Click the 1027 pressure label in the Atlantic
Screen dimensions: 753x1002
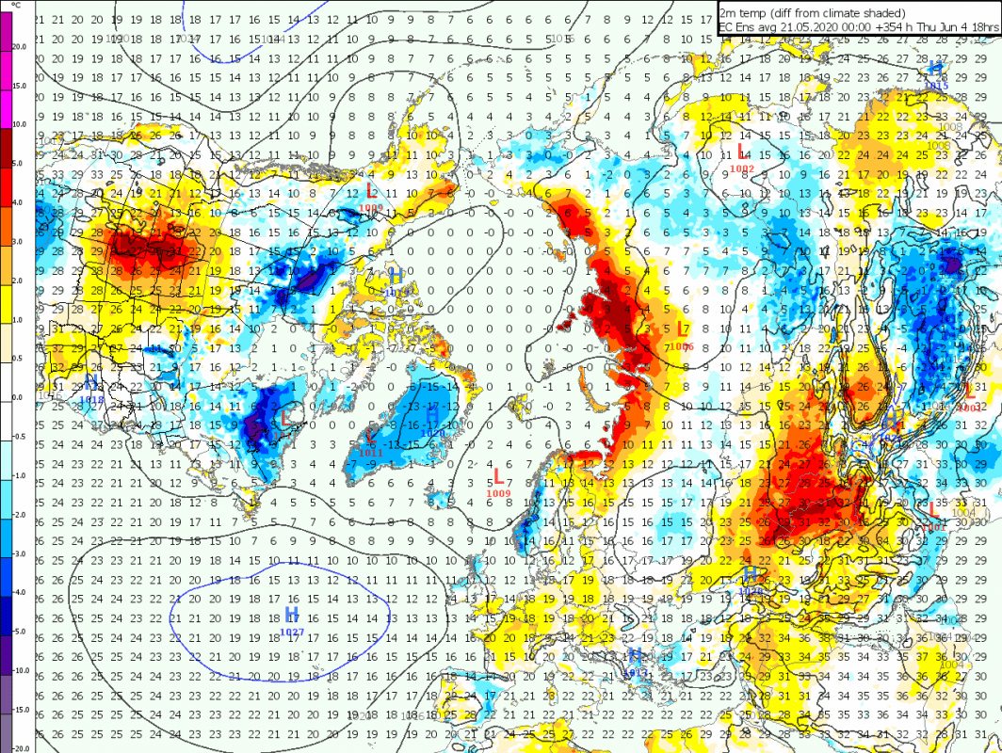(x=292, y=633)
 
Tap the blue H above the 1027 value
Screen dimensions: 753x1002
(x=291, y=615)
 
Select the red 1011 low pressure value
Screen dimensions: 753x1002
(x=371, y=453)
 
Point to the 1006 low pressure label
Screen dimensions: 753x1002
(x=684, y=346)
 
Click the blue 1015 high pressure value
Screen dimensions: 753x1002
(x=936, y=86)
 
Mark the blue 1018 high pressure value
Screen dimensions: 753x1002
(x=92, y=399)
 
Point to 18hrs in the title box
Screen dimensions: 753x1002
(x=982, y=27)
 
